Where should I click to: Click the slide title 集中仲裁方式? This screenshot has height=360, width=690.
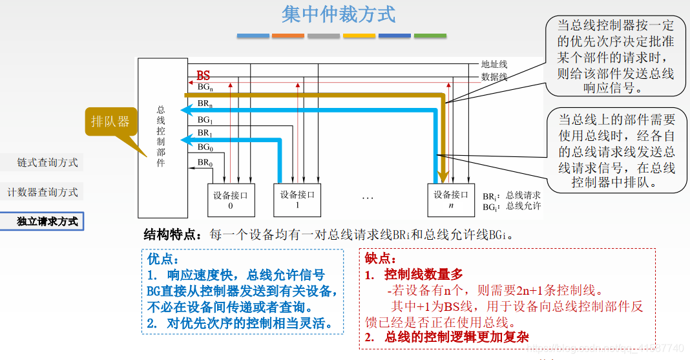coord(339,14)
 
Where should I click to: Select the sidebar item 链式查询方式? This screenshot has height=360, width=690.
coord(47,163)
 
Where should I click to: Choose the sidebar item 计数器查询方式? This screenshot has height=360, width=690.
coord(43,192)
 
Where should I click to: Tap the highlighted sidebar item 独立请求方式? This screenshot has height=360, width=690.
coord(47,221)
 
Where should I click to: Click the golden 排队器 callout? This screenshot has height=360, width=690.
coord(110,122)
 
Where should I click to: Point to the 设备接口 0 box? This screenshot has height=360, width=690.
coord(231,199)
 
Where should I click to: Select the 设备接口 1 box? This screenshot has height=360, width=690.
coord(297,199)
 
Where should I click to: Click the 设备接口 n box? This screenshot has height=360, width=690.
coord(451,199)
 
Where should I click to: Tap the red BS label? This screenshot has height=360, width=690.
coord(204,76)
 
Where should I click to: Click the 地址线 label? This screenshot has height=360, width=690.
coord(494,64)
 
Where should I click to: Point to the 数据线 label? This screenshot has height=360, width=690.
coord(494,76)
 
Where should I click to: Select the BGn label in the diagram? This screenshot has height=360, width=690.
coord(205,87)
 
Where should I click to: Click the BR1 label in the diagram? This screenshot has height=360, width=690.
coord(205,133)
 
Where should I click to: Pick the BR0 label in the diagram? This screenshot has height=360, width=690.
coord(205,162)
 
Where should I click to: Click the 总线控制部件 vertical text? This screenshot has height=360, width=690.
coord(161,137)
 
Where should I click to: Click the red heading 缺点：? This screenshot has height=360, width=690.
coord(381,259)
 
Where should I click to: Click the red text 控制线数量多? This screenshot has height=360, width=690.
coord(423,275)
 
